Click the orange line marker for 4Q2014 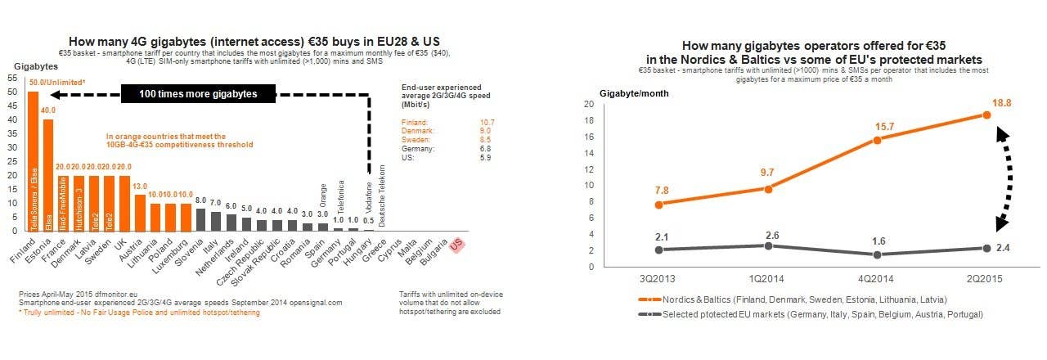point(877,140)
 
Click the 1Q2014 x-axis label point(767,278)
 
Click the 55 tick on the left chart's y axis point(13,78)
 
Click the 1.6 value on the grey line point(877,241)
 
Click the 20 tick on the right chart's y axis point(610,105)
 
